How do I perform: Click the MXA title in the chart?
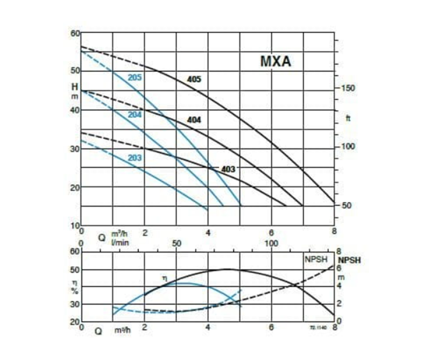[x=275, y=62]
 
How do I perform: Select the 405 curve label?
[x=194, y=80]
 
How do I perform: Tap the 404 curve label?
[x=194, y=120]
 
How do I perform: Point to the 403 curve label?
[x=228, y=169]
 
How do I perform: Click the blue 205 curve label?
[x=135, y=78]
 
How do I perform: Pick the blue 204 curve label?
[x=135, y=115]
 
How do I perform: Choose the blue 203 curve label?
[x=135, y=158]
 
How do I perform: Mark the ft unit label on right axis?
[x=348, y=118]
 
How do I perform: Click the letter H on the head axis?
[x=75, y=87]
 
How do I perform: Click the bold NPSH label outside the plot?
[x=349, y=260]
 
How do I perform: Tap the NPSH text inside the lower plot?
[x=315, y=260]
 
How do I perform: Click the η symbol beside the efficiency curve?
[x=164, y=278]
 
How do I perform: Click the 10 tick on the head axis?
[x=75, y=225]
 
